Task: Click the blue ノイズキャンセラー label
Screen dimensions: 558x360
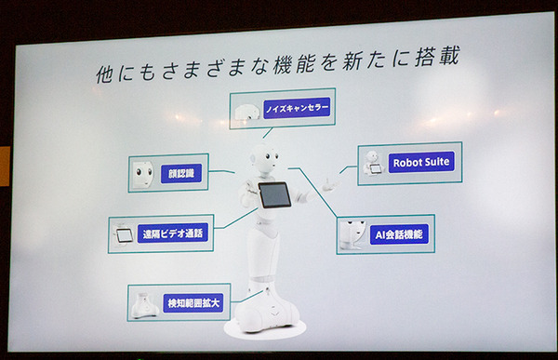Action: point(297,108)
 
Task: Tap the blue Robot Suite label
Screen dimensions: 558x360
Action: point(421,163)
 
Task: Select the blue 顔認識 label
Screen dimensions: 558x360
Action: point(181,173)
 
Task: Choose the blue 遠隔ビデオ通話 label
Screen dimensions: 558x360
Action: point(173,233)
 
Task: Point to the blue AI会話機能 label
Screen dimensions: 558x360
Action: point(399,234)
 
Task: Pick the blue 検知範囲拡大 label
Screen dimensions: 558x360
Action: point(193,303)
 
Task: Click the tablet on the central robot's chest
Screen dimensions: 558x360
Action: point(274,194)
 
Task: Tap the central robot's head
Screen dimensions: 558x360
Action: point(265,158)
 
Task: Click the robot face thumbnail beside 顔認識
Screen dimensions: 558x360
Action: point(143,174)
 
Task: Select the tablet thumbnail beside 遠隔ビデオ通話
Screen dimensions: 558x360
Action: point(124,235)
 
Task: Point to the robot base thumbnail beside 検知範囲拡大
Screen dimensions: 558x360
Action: point(145,305)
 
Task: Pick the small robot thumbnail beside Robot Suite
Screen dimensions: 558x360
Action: point(373,163)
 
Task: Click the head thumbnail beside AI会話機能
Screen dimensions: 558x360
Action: point(352,234)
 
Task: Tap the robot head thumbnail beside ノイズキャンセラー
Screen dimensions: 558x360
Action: point(247,112)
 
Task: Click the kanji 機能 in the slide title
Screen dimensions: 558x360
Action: point(295,64)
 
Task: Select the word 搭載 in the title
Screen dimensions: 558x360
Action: point(437,56)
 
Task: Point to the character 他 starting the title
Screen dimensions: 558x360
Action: point(104,74)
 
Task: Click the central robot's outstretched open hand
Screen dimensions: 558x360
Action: point(330,185)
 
